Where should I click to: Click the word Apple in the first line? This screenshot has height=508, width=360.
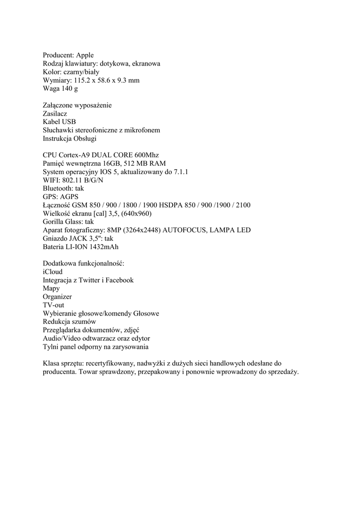pos(85,55)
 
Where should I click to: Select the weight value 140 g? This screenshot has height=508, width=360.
pos(70,89)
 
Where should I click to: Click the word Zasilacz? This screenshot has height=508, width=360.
pos(56,114)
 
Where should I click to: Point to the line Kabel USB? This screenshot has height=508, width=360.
pos(60,122)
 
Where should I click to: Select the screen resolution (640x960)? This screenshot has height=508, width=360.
pos(135,214)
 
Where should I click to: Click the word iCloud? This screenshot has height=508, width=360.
pos(53,272)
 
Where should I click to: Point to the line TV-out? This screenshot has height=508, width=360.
pos(54,306)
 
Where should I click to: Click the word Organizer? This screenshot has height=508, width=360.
pos(58,297)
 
